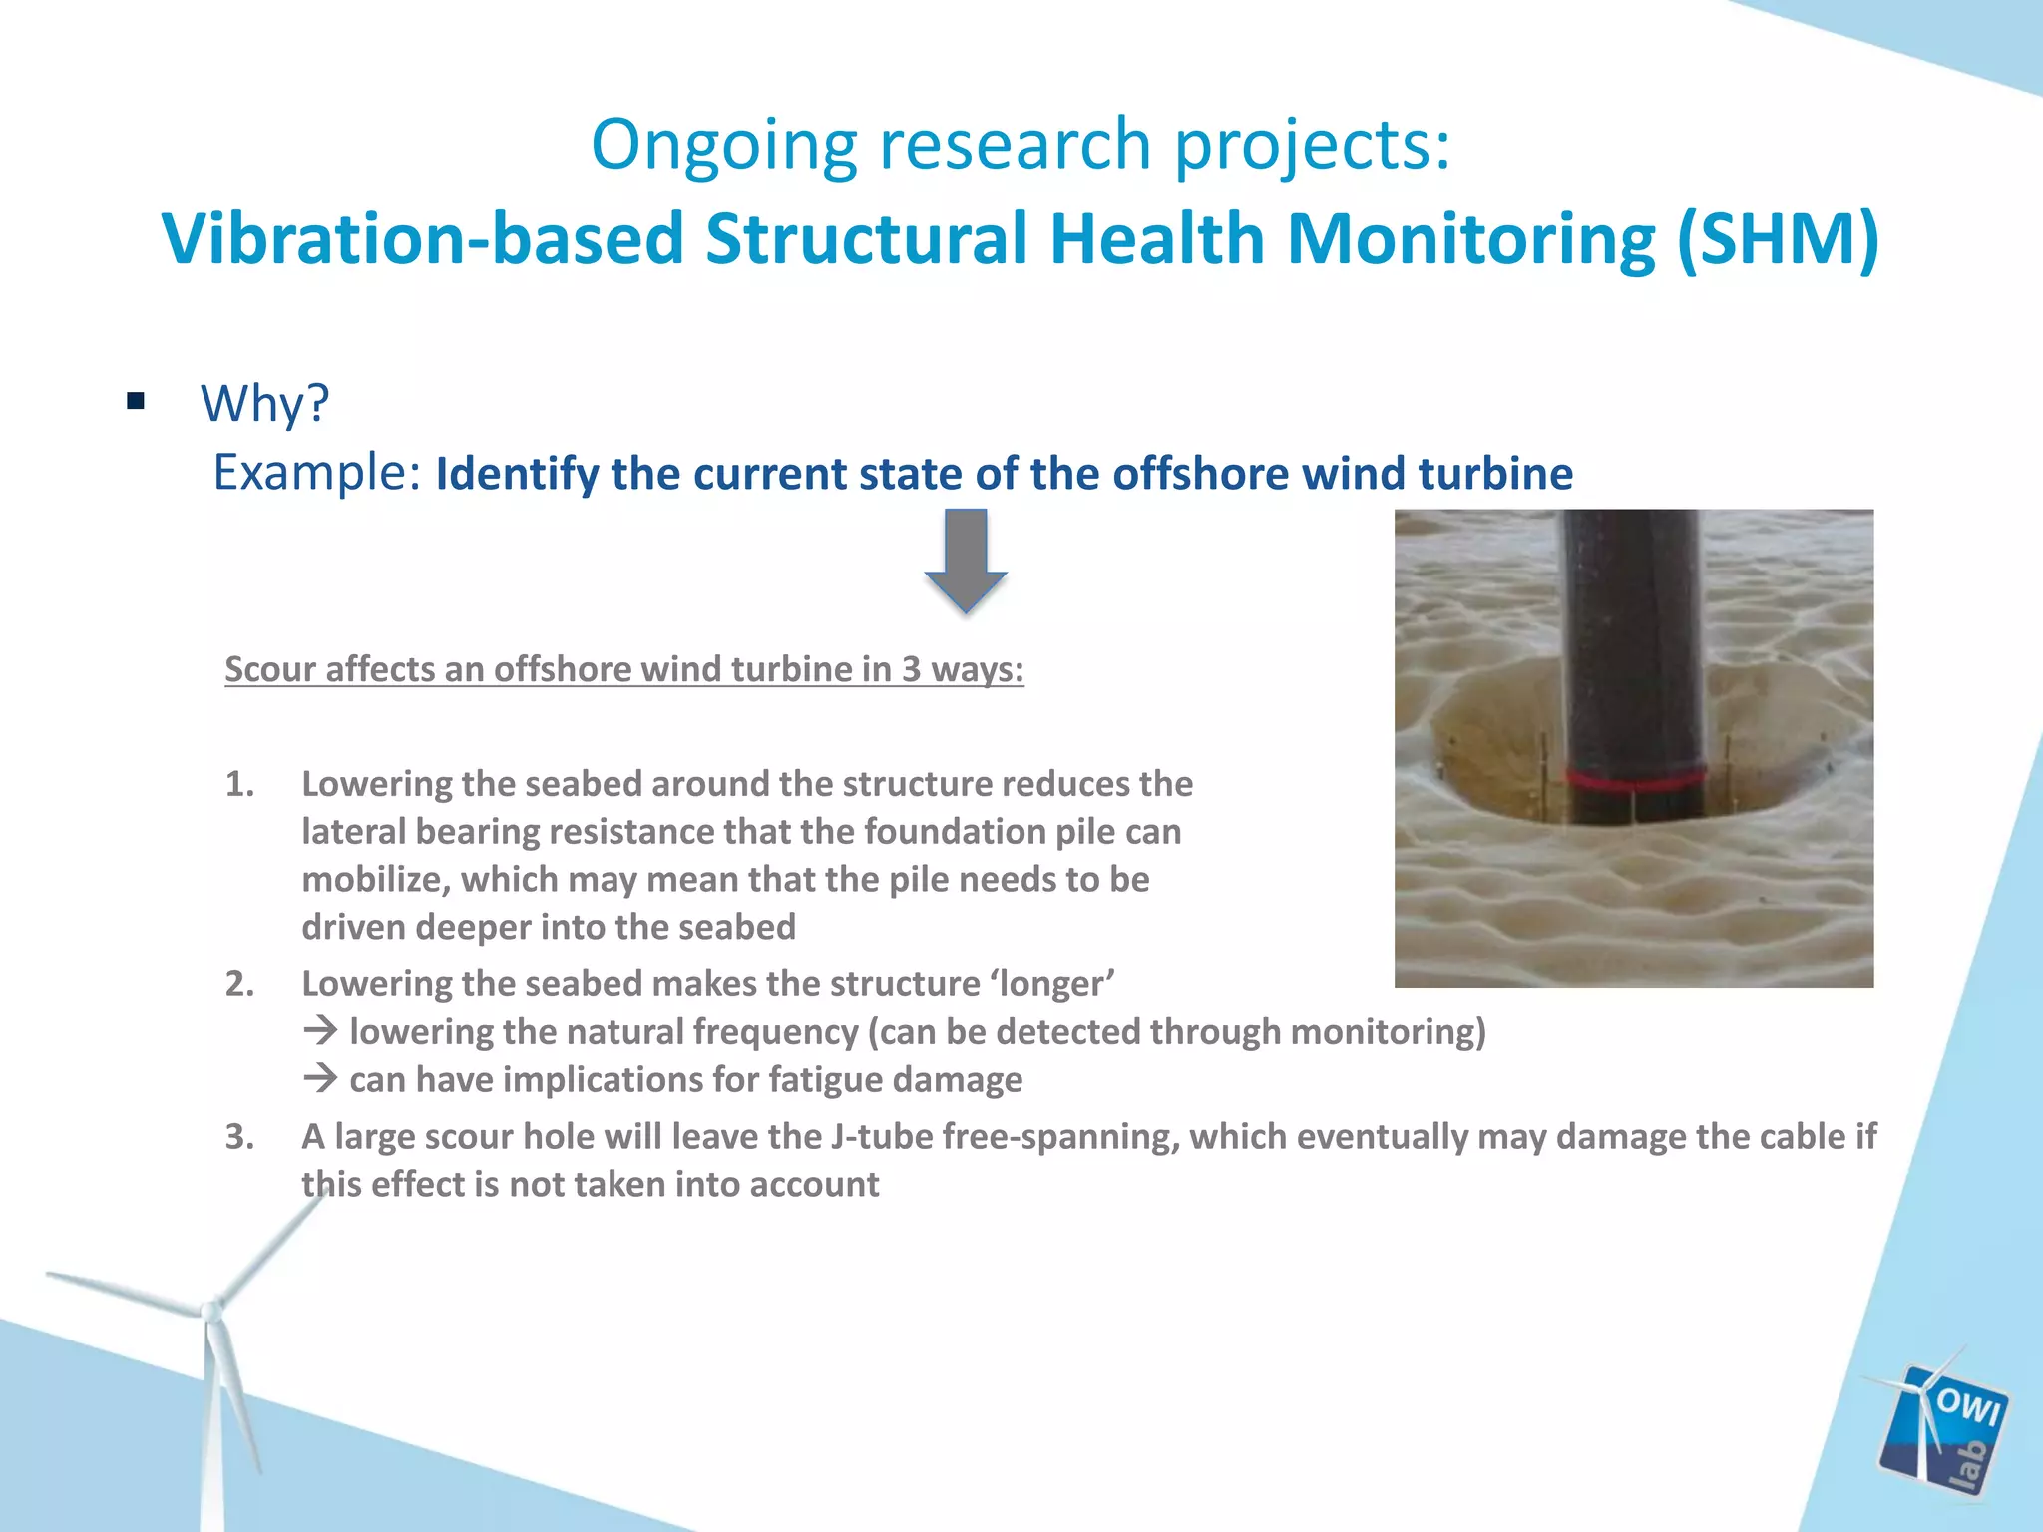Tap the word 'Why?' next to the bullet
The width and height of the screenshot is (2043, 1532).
click(264, 404)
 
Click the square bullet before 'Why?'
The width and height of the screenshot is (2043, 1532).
click(137, 402)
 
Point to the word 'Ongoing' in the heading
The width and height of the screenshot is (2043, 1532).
click(723, 146)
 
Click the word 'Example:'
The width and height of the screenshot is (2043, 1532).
click(317, 473)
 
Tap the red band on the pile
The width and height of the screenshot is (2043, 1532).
click(1634, 779)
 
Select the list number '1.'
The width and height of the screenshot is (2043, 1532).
click(239, 784)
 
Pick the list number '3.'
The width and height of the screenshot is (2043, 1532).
click(239, 1137)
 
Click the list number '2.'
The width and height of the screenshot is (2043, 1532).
click(239, 984)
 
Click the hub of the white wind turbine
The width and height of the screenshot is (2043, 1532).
click(210, 1312)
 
